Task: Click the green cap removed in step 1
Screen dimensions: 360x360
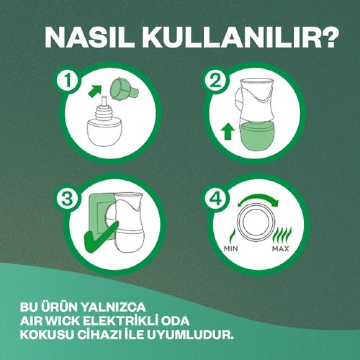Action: pyautogui.click(x=124, y=90)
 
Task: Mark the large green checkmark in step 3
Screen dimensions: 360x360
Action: pyautogui.click(x=100, y=234)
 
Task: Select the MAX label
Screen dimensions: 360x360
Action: pyautogui.click(x=280, y=248)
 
